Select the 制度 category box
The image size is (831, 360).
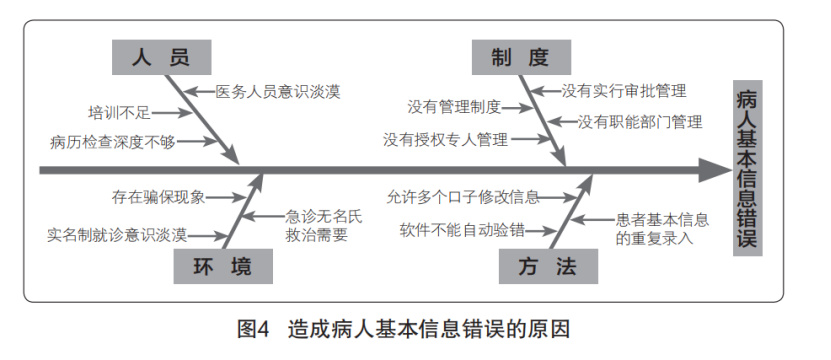519,56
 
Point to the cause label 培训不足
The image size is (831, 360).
115,111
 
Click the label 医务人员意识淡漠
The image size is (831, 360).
279,91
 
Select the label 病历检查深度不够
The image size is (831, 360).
112,142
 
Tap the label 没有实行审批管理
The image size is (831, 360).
623,91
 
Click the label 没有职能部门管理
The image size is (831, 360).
640,122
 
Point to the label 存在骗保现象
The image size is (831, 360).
160,197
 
